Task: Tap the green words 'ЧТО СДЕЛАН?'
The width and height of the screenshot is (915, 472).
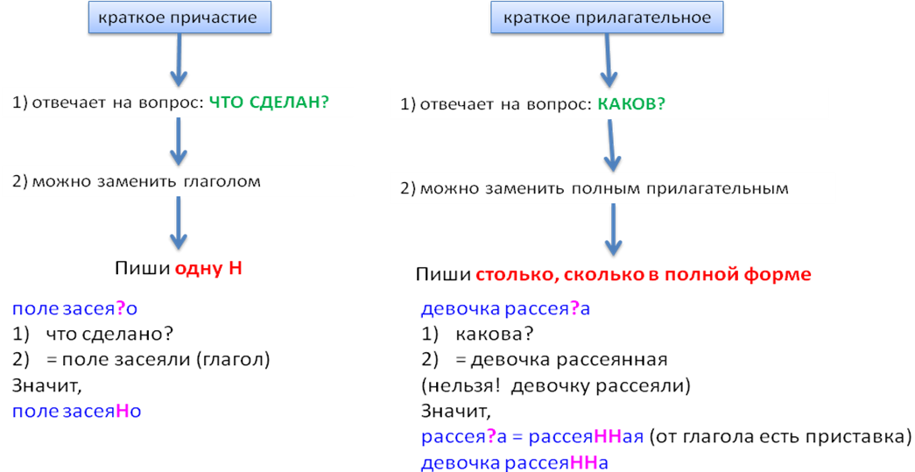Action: pos(268,102)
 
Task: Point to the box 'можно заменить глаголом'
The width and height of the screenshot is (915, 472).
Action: pos(178,182)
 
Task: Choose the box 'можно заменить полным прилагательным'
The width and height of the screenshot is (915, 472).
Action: pos(612,188)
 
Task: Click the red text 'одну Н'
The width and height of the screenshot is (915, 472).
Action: pos(208,269)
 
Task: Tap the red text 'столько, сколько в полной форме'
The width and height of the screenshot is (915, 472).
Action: pos(643,275)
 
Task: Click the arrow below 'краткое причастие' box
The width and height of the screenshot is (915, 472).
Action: pos(178,59)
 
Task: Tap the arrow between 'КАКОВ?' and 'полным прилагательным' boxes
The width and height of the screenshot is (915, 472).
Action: pos(612,145)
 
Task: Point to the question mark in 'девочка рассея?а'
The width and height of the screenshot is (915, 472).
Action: pos(575,309)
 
